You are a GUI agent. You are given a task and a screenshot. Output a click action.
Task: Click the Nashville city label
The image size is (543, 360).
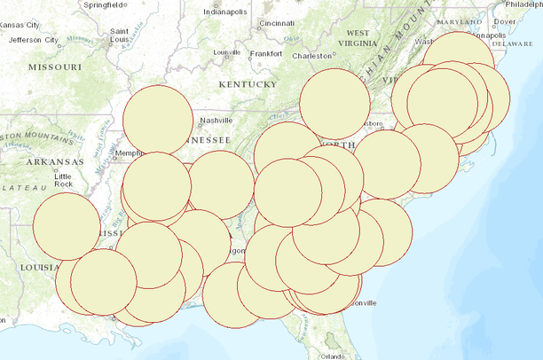coord(216,121)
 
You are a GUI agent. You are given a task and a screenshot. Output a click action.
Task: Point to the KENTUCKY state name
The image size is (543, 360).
coord(248,84)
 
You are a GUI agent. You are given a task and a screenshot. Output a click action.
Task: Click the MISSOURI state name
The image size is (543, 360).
coord(55,67)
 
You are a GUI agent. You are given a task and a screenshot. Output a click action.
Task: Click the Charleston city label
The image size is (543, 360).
coord(312,56)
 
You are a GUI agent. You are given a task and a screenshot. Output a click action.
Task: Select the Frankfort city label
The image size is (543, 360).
coord(266,53)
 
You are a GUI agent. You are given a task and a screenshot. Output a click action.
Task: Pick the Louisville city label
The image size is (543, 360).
coord(227,52)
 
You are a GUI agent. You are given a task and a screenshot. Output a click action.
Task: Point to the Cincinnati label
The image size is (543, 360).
coord(278,23)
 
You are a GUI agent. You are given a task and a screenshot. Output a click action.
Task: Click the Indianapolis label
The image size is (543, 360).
coord(226,12)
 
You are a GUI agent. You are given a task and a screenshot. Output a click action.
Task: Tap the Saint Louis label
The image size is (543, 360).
coord(121,35)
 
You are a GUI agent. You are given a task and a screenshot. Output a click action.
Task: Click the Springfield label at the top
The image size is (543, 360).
coord(104,4)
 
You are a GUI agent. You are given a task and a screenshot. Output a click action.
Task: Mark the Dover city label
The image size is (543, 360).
coord(504,21)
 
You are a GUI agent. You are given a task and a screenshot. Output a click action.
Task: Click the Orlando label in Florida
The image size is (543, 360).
coord(334,356)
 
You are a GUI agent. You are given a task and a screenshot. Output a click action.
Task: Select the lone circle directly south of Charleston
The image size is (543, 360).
coord(334,105)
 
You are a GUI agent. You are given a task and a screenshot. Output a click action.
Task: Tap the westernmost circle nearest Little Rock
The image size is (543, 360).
coord(67,225)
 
